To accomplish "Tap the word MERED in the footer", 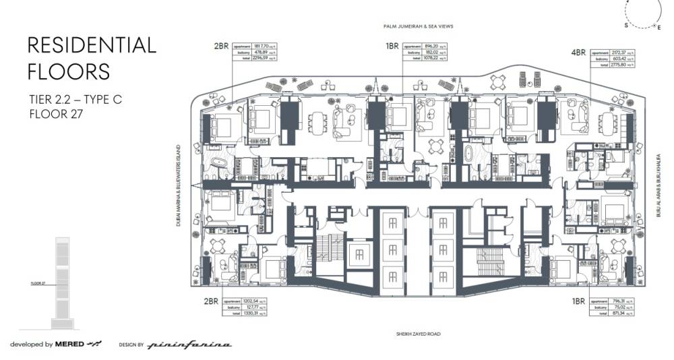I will pos(70,344).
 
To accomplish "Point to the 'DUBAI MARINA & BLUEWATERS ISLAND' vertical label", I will pos(180,185).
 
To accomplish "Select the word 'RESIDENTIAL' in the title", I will pos(92,46).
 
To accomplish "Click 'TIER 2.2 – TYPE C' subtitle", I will pos(75,99).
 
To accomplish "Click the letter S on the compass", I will pos(625,24).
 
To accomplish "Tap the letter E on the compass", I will pos(659,26).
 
